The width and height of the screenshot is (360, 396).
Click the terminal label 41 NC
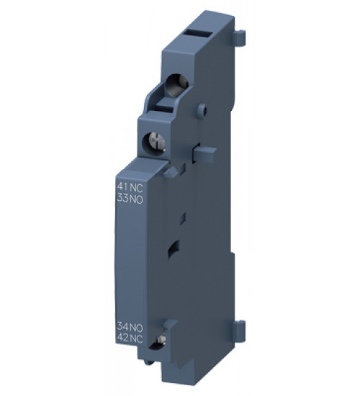pos(128,185)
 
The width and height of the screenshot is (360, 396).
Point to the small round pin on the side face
pos(202,110)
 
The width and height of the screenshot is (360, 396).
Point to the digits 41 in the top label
pos(122,185)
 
